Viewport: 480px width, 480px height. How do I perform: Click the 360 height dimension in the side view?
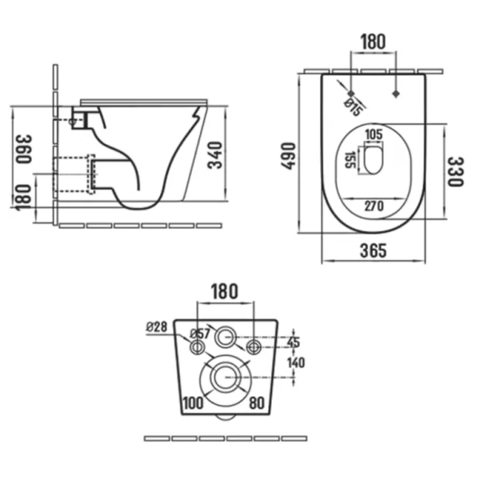coord(23,149)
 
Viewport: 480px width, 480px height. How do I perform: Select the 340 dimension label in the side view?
coord(214,155)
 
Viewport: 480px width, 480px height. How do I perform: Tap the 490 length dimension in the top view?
coord(288,156)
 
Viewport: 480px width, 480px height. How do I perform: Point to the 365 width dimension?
coord(373,250)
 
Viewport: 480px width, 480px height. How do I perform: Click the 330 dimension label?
coord(456,172)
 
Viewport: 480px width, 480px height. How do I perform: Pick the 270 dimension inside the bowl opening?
coord(374,206)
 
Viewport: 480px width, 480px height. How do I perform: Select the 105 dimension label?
coord(374,134)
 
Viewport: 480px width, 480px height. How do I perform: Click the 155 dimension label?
coord(350,160)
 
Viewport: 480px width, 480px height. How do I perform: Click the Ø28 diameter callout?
coord(157,327)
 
